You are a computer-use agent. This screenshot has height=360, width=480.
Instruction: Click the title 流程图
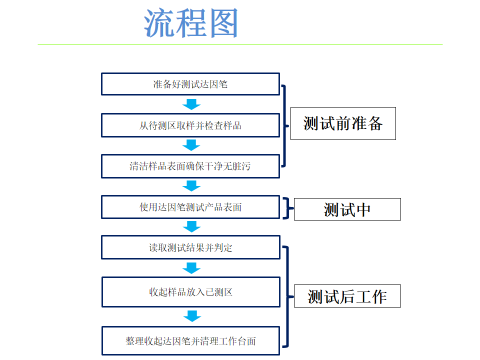click(x=191, y=23)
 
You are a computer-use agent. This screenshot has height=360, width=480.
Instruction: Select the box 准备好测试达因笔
click(x=190, y=84)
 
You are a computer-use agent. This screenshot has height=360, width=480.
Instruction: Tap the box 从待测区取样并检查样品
click(x=190, y=125)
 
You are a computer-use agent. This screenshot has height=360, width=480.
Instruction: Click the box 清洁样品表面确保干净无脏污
click(x=190, y=166)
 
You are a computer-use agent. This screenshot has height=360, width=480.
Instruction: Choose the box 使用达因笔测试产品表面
click(x=190, y=207)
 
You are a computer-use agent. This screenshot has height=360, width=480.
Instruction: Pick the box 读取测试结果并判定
click(x=190, y=247)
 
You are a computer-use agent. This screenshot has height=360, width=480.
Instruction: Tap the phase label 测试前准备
click(x=343, y=123)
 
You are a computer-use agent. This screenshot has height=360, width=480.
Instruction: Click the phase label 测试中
click(x=347, y=209)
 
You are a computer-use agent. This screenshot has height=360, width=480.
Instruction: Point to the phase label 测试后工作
click(x=347, y=296)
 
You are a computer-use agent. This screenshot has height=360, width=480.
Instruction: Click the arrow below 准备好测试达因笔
click(x=191, y=104)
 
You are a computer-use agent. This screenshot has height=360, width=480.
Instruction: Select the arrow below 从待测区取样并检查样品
click(x=191, y=145)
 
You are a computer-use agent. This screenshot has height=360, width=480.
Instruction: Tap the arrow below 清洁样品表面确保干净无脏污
click(x=191, y=186)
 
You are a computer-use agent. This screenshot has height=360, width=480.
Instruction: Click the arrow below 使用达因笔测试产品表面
click(x=191, y=227)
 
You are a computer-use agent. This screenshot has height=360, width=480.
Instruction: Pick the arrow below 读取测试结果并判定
click(x=191, y=268)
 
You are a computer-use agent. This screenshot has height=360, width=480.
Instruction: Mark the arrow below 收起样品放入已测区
click(x=191, y=316)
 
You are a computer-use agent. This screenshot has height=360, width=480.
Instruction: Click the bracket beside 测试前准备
click(x=285, y=125)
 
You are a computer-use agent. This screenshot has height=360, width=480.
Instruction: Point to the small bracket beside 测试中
click(x=287, y=208)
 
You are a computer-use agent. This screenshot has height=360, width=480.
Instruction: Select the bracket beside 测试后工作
click(x=287, y=296)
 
